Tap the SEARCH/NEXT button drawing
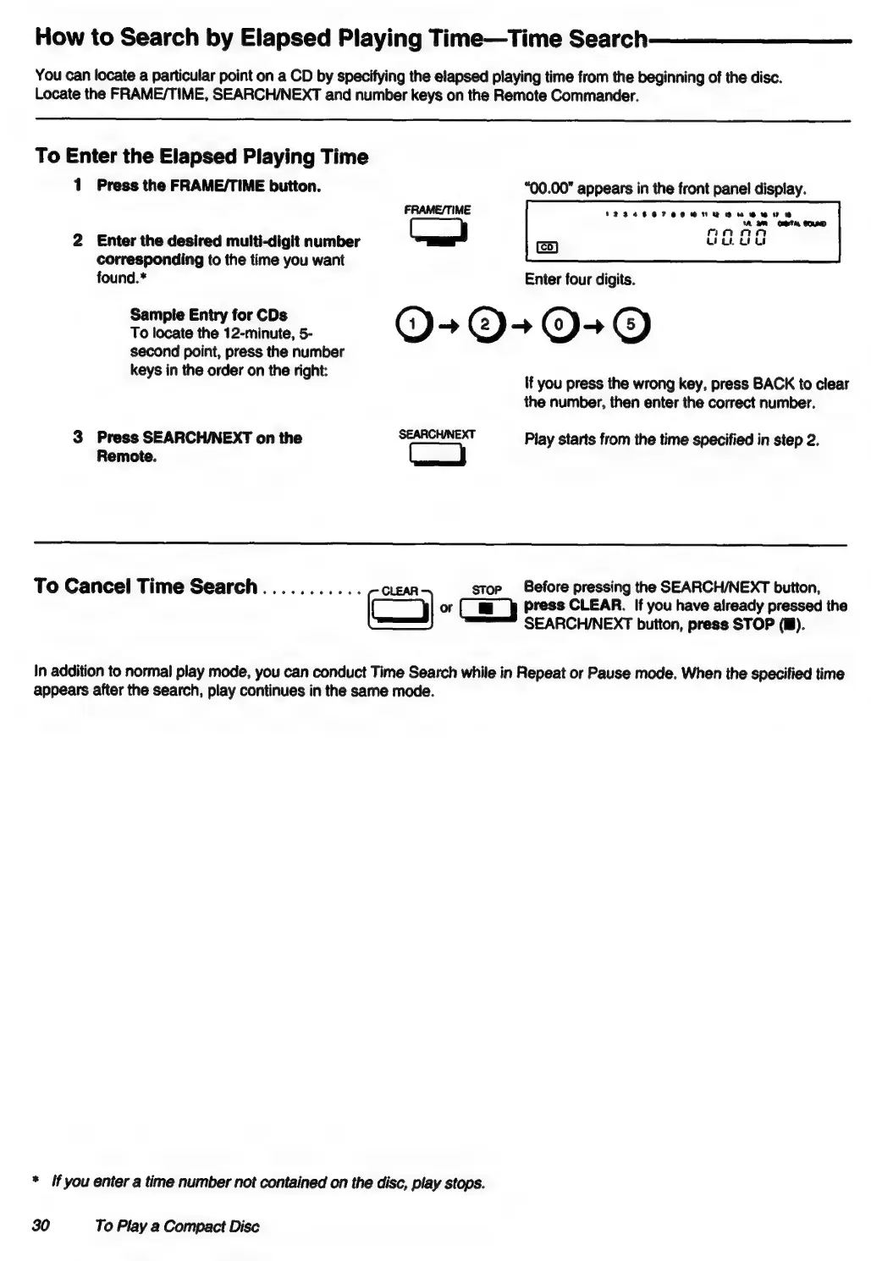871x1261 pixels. click(x=438, y=455)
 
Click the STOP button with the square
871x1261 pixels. click(x=487, y=608)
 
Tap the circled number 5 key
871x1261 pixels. click(x=632, y=325)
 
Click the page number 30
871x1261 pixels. click(x=41, y=1226)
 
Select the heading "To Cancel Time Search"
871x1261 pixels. click(x=146, y=586)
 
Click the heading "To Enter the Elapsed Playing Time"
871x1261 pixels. click(x=201, y=157)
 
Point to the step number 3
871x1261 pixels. click(x=78, y=438)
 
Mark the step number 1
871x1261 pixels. click(x=78, y=185)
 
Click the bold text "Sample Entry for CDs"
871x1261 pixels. click(x=208, y=315)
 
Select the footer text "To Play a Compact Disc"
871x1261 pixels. click(x=177, y=1226)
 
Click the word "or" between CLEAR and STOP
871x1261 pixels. click(x=446, y=608)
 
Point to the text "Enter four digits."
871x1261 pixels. click(x=580, y=279)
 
